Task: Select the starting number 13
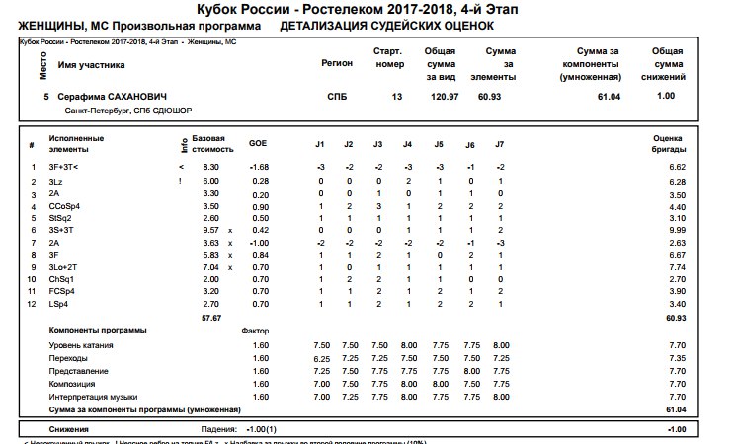[397, 97]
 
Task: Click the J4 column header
[408, 145]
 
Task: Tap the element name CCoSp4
[65, 206]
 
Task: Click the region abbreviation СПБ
[337, 97]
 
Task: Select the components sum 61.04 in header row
[609, 97]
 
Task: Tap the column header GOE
[257, 145]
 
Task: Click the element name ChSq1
[62, 280]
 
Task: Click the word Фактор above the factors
[256, 330]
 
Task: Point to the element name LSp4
[60, 306]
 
